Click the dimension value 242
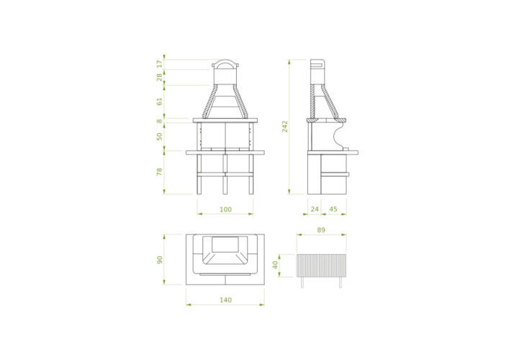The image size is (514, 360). click(285, 127)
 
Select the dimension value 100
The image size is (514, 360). click(225, 210)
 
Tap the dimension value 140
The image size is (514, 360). click(225, 300)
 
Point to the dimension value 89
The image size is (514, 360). click(321, 230)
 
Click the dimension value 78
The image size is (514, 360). click(159, 171)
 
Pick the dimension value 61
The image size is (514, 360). click(159, 102)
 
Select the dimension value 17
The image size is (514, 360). click(159, 64)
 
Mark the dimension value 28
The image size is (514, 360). click(159, 77)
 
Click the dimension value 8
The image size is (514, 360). click(159, 121)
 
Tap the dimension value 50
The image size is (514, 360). click(159, 136)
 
